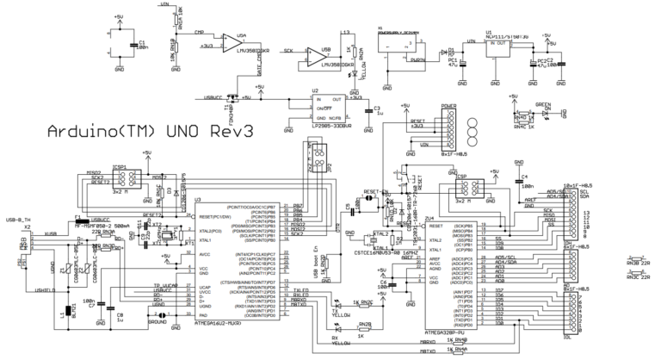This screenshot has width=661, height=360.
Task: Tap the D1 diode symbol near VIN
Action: coord(447,50)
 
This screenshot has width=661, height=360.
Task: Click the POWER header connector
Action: coord(448,133)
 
